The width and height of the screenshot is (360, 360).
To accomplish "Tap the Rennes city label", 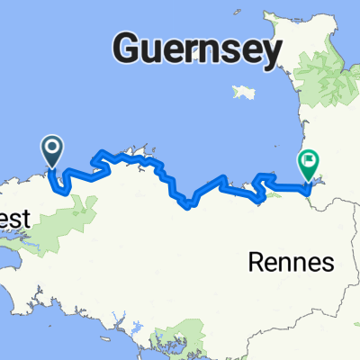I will (290, 263).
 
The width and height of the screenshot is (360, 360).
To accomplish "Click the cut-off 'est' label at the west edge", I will (15, 219).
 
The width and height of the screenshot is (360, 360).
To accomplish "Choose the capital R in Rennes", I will (255, 263).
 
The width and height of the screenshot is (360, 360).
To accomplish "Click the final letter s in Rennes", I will (328, 264).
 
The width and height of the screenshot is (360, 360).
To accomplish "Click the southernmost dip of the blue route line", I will (185, 206).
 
